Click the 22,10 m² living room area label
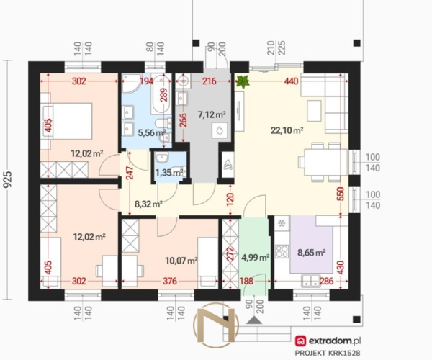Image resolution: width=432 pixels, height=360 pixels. click(287, 130)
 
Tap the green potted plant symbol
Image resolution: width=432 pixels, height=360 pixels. click(243, 81)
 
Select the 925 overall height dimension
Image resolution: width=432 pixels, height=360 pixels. click(8, 179)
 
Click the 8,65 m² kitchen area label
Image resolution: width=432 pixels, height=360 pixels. click(312, 252)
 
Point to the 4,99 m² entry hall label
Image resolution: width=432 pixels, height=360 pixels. click(255, 258)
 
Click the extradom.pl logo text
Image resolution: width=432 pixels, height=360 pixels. click(335, 341)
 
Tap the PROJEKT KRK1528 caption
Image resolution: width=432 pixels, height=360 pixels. click(328, 353)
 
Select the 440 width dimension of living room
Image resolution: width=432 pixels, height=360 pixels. click(291, 81)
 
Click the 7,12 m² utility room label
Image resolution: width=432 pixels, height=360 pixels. click(212, 114)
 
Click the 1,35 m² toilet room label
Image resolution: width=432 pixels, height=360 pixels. click(169, 173)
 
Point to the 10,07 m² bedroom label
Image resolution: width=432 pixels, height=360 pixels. click(181, 261)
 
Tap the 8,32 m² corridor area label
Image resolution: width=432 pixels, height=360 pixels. click(148, 204)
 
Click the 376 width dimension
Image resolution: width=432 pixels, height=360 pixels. click(170, 282)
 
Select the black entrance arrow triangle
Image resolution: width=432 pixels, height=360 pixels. click(254, 320)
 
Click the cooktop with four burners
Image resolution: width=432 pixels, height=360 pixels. click(282, 251)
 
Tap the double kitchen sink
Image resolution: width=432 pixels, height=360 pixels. click(310, 281)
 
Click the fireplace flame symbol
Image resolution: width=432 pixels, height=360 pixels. click(228, 166)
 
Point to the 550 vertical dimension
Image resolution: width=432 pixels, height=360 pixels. click(341, 194)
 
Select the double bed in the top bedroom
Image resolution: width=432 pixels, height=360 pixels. click(67, 121)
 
